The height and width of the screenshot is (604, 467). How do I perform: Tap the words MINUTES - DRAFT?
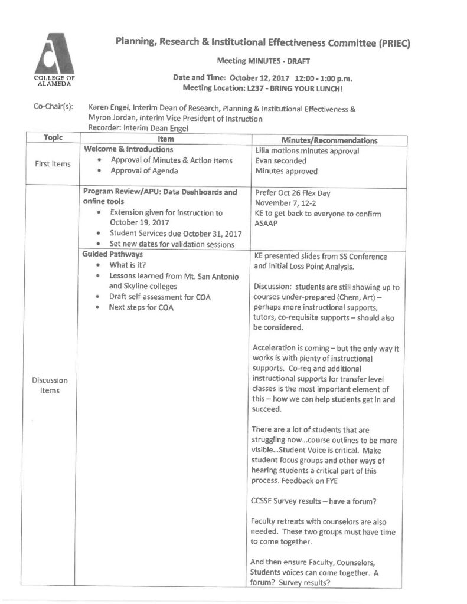tap(277, 61)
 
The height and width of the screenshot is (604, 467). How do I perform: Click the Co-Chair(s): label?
tap(54, 108)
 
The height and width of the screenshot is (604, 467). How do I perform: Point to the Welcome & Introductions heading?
tap(129, 150)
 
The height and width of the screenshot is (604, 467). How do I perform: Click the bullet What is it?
tap(128, 265)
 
